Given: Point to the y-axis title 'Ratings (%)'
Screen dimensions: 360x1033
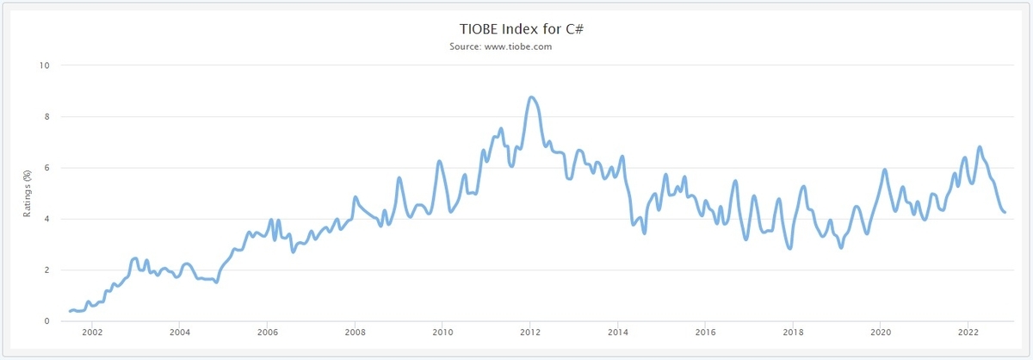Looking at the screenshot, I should click(28, 193).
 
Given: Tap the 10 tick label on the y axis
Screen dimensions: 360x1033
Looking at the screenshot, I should click(45, 65).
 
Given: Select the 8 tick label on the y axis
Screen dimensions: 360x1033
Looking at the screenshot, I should click(47, 116).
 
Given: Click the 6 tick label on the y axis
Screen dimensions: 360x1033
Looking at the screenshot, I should click(47, 168).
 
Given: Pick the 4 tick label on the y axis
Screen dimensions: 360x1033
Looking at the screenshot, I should click(47, 219).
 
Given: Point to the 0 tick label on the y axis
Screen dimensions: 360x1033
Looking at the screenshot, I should click(47, 321).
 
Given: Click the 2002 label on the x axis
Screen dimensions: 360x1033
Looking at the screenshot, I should click(92, 332).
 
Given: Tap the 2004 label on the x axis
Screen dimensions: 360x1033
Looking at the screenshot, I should click(180, 332).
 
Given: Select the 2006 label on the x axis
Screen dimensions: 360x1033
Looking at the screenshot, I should click(268, 332).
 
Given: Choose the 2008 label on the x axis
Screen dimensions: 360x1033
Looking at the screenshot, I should click(355, 332).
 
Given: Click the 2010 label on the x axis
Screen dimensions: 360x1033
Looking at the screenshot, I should click(442, 332).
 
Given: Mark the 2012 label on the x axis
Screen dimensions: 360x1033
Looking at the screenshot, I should click(530, 332).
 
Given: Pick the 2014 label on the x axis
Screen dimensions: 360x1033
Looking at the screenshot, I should click(617, 332).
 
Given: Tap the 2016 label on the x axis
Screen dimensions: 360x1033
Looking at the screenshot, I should click(705, 332).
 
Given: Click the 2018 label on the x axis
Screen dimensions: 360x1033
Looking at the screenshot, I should click(793, 332).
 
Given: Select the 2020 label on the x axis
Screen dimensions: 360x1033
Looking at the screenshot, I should click(881, 332).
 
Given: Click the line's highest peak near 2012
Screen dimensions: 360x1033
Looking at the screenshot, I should click(531, 97).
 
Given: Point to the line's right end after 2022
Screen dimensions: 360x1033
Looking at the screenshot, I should click(1005, 212).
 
